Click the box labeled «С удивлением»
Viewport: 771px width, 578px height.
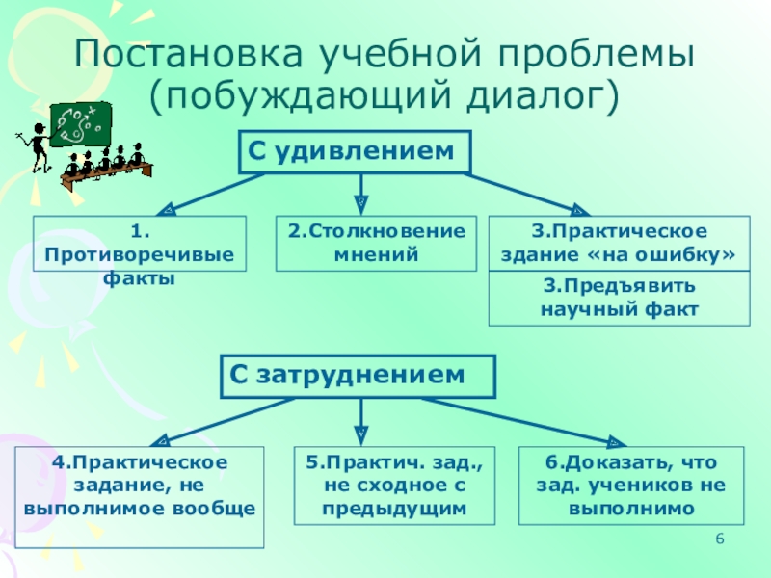point(355,152)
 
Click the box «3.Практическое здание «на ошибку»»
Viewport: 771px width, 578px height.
point(619,244)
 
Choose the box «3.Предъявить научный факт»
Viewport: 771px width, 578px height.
point(619,299)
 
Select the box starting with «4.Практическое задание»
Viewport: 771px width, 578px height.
point(140,486)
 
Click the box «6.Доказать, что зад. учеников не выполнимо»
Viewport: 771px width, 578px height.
point(631,486)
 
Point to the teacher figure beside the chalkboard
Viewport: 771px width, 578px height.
point(37,144)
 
